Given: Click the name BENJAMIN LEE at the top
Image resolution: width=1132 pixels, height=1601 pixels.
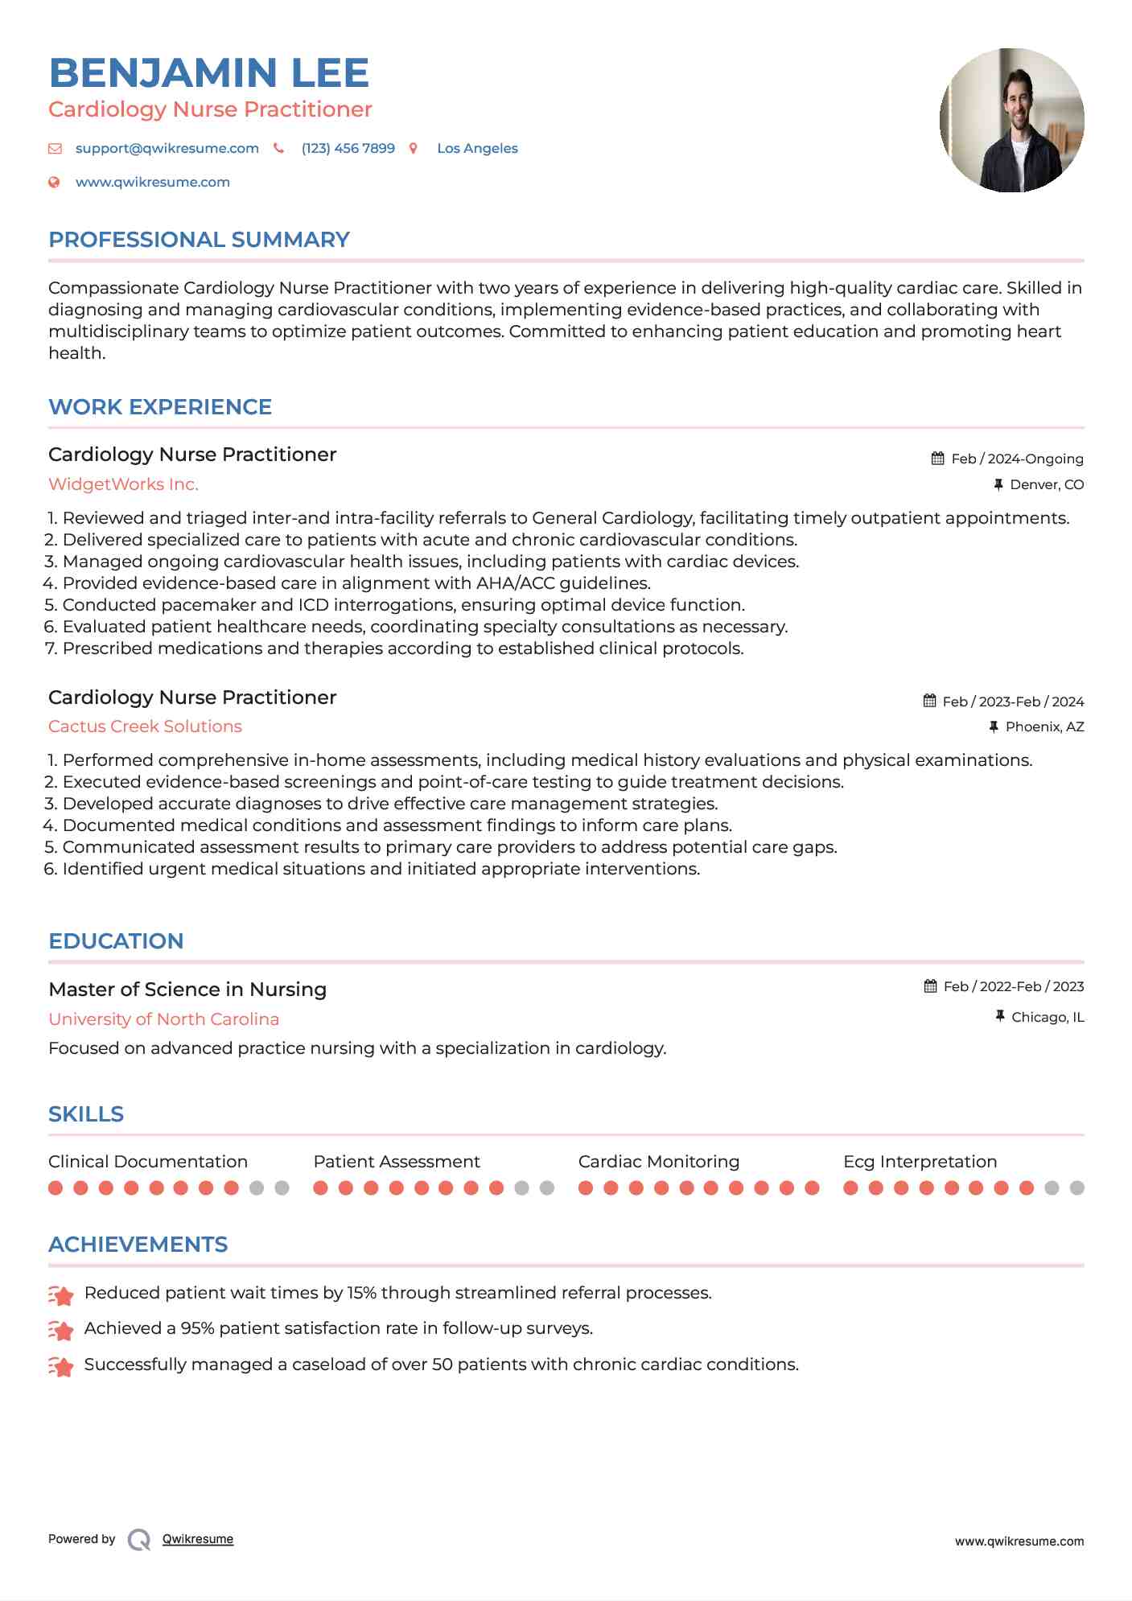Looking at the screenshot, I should (x=208, y=73).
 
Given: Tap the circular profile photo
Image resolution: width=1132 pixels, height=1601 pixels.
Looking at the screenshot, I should (x=1011, y=121).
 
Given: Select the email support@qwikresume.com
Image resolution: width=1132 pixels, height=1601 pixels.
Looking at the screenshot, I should (x=167, y=148).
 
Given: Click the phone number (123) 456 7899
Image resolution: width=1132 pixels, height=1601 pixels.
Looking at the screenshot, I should (x=348, y=148).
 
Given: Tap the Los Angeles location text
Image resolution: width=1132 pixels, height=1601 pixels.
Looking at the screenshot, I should (x=477, y=148).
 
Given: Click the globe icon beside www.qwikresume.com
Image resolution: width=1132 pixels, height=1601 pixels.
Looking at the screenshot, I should (x=54, y=183).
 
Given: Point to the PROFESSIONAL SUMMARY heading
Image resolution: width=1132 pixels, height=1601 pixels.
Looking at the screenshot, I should (x=199, y=240).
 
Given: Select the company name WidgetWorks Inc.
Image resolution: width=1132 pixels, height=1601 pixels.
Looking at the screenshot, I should (x=123, y=484).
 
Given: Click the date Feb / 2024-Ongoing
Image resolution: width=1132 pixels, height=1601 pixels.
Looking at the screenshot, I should (x=1017, y=459).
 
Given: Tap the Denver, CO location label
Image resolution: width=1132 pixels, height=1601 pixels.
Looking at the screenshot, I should (x=1047, y=484).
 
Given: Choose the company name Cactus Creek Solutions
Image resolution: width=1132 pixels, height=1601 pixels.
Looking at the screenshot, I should (x=145, y=726).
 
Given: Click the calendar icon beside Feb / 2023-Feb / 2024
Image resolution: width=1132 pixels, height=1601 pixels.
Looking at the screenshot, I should (x=929, y=701).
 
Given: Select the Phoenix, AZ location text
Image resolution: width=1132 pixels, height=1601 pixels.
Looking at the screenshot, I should (x=1044, y=726).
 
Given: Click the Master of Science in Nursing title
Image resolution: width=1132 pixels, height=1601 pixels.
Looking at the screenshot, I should (x=187, y=990).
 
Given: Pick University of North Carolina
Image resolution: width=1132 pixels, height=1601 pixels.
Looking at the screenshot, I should (x=163, y=1019).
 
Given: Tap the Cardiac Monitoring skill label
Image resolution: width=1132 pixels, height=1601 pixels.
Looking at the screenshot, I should (x=658, y=1162).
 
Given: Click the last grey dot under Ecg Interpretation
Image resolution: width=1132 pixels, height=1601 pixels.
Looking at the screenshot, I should (x=1077, y=1187).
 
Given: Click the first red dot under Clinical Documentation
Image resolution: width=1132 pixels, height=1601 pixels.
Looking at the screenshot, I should (x=56, y=1187).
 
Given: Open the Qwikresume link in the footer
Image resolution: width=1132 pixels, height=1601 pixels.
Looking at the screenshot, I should (x=198, y=1539).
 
